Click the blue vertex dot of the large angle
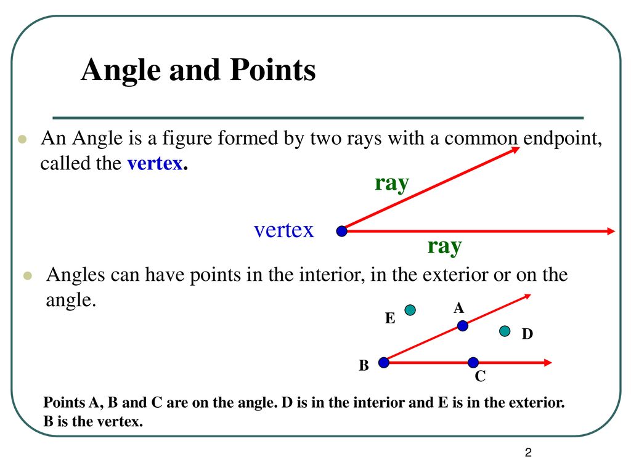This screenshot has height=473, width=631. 341,232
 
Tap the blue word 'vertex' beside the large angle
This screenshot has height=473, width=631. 283,230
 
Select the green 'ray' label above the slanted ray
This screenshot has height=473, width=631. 392,184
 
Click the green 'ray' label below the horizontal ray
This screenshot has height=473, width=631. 444,246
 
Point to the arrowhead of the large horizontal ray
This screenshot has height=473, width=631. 611,232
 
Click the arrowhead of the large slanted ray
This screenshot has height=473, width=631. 516,150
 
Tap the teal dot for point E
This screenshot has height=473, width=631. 410,310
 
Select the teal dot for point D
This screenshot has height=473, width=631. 505,331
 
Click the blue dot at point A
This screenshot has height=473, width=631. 463,326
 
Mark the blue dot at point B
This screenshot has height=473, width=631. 384,363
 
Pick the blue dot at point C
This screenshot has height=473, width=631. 473,363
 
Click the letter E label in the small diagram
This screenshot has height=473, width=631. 390,318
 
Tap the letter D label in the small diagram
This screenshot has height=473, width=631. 527,334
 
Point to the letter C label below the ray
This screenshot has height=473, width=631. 480,376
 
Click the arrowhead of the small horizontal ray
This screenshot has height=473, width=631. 548,363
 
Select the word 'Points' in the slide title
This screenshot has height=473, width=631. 273,70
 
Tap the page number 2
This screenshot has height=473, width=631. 528,453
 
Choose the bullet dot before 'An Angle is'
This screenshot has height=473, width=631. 23,140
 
